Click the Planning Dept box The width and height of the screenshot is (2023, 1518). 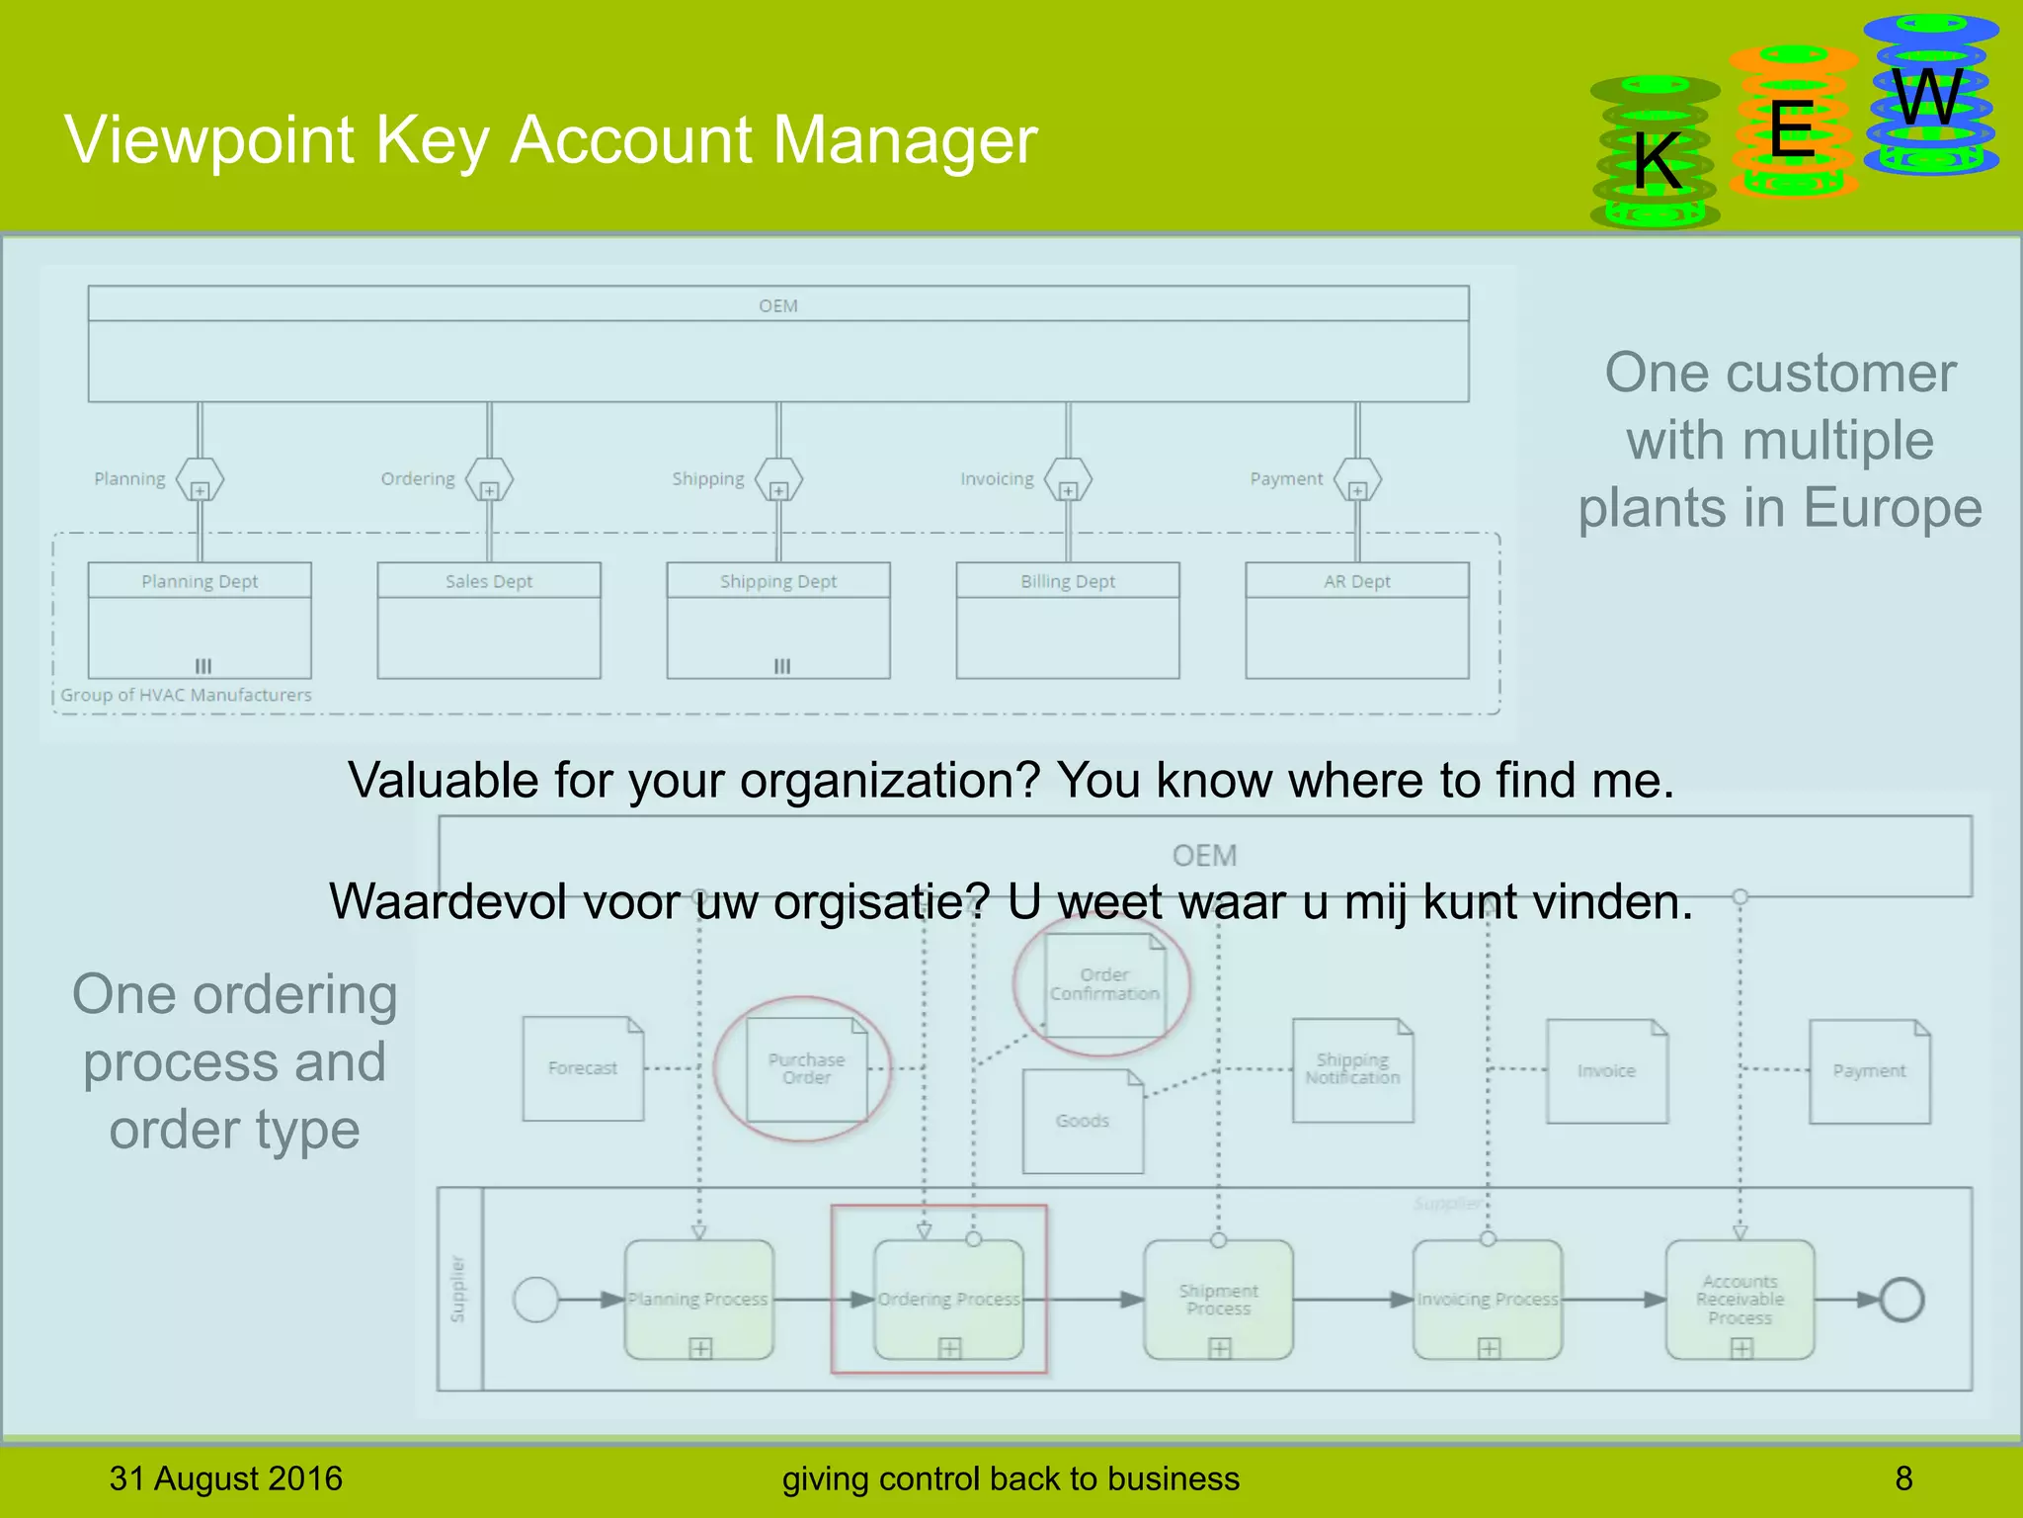click(200, 620)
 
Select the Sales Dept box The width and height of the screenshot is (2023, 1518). click(489, 620)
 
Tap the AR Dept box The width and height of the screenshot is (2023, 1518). click(1357, 620)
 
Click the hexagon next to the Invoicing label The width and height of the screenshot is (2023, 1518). click(1068, 480)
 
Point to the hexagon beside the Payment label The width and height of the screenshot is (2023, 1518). click(1357, 480)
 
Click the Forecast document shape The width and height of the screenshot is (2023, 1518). click(583, 1068)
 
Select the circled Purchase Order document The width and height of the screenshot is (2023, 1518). click(806, 1068)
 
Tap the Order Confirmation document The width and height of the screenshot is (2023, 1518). click(1104, 984)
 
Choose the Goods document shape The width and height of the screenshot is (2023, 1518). click(1083, 1121)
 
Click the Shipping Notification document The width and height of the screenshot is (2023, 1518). click(1352, 1069)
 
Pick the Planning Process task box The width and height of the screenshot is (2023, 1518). click(698, 1300)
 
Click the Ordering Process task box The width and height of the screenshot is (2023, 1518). click(948, 1300)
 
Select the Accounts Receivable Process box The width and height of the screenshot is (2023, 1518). click(1740, 1300)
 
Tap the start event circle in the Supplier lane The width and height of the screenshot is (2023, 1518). click(536, 1300)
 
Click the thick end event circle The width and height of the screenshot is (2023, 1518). click(1902, 1300)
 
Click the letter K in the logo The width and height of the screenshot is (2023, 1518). click(1657, 160)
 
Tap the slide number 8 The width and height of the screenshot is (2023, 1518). click(1903, 1478)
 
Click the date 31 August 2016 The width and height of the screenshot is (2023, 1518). click(226, 1478)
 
